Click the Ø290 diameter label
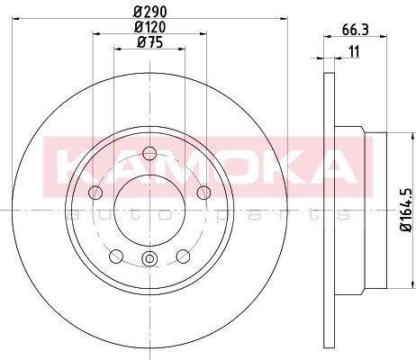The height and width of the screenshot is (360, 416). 149,12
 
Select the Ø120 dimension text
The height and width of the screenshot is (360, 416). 149,28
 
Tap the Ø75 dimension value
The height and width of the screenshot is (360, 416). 149,42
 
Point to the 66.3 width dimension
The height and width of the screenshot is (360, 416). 355,30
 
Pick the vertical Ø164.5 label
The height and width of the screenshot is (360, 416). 407,210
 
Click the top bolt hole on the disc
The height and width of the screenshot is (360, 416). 149,154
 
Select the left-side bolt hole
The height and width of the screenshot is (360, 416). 96,193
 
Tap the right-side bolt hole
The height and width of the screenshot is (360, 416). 203,193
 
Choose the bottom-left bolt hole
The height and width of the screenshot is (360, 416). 116,256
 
